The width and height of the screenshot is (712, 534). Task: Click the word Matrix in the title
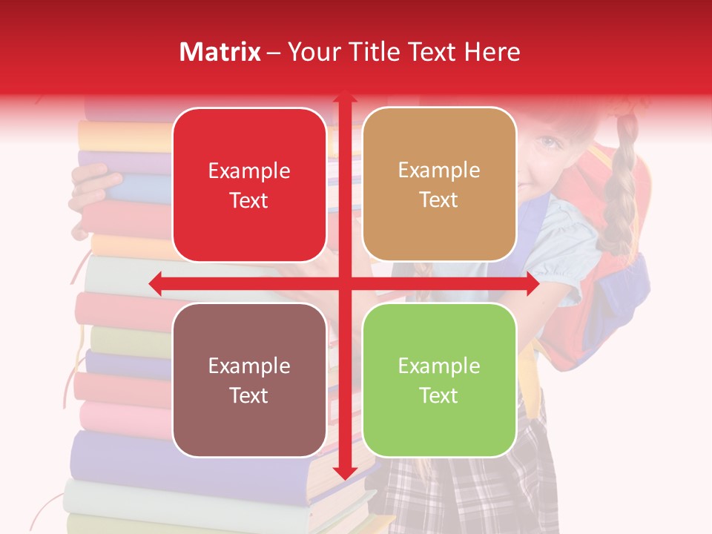click(x=220, y=52)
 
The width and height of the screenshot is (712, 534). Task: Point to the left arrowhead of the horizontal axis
click(x=155, y=283)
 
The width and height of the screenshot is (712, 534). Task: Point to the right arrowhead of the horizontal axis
click(x=532, y=283)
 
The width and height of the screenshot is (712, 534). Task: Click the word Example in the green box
click(x=439, y=366)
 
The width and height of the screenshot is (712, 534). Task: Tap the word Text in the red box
click(x=249, y=201)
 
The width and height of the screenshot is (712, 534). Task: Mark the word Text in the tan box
click(x=439, y=200)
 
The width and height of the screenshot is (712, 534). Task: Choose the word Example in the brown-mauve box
click(x=249, y=366)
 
